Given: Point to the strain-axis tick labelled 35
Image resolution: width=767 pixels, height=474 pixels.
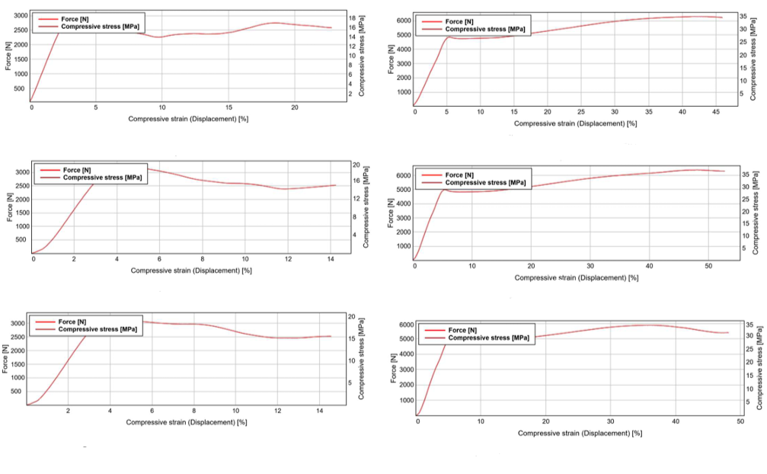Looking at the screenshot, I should pyautogui.click(x=647, y=112).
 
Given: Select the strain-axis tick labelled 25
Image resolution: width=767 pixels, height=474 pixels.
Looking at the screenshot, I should pyautogui.click(x=580, y=112).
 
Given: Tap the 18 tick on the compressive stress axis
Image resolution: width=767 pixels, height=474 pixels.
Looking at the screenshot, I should pyautogui.click(x=352, y=18).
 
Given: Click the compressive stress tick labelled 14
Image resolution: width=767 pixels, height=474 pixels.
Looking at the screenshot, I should pyautogui.click(x=352, y=37).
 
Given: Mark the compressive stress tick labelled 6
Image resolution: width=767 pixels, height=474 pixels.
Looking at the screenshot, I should pyautogui.click(x=352, y=75).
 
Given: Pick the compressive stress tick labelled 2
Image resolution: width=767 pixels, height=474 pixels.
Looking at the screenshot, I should pyautogui.click(x=352, y=94).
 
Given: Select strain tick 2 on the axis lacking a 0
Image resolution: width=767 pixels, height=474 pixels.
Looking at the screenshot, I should pyautogui.click(x=68, y=411).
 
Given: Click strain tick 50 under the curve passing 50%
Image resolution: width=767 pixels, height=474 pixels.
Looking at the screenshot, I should pyautogui.click(x=707, y=266).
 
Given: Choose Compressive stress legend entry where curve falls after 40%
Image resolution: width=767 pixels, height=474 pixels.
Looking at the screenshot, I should pyautogui.click(x=488, y=338).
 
